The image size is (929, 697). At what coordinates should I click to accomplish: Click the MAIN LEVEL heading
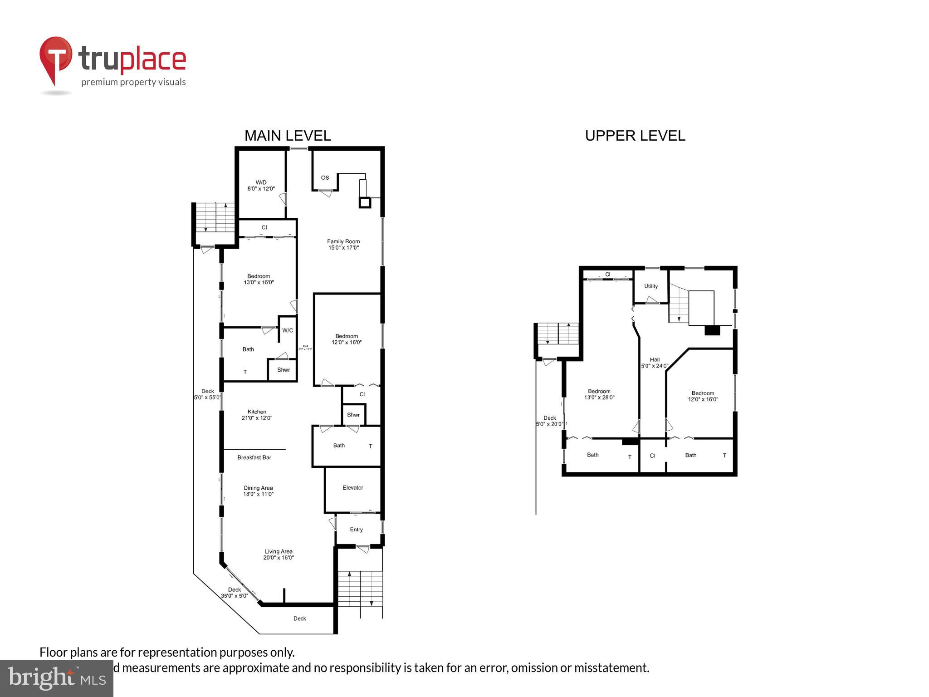288,136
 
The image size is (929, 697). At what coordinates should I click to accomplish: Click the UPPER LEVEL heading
635,136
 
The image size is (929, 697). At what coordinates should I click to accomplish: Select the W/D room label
261,185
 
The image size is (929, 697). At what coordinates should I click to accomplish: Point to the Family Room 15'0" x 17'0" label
343,245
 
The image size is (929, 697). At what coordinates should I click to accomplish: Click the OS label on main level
325,177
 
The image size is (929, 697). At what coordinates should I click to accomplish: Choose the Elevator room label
352,488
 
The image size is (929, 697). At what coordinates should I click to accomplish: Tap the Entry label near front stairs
356,530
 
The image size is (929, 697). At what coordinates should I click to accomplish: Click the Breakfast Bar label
254,457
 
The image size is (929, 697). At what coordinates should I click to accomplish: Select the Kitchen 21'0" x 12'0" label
257,415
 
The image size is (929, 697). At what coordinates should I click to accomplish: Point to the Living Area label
279,555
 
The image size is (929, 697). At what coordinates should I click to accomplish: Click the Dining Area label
258,491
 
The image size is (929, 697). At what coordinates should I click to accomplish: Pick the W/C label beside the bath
288,330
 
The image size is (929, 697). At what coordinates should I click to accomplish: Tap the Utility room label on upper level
650,286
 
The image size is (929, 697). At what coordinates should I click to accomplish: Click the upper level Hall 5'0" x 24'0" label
654,363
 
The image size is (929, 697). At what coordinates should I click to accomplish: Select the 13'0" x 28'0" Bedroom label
599,394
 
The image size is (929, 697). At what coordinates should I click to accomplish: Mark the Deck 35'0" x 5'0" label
235,593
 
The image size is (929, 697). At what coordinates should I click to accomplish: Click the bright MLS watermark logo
57,678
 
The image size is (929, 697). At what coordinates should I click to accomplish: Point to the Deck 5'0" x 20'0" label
549,421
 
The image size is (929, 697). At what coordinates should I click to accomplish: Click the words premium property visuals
133,82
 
